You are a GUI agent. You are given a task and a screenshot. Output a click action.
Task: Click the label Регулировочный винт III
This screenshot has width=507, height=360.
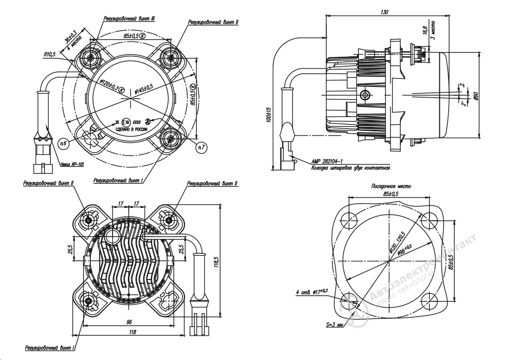[x=129, y=18]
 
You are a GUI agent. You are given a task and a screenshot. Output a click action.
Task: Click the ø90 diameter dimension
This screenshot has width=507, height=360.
[x=475, y=96]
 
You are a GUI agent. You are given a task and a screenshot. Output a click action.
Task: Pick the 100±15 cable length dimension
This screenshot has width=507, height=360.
[x=269, y=114]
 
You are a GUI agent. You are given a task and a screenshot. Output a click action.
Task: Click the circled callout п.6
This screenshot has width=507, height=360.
[x=63, y=142]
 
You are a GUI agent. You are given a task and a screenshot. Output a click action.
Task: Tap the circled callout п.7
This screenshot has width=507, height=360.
[x=201, y=146]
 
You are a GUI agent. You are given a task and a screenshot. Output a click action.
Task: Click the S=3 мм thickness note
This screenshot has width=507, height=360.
[x=335, y=325]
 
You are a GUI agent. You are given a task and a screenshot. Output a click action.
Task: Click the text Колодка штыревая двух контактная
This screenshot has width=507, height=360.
[x=351, y=167]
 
